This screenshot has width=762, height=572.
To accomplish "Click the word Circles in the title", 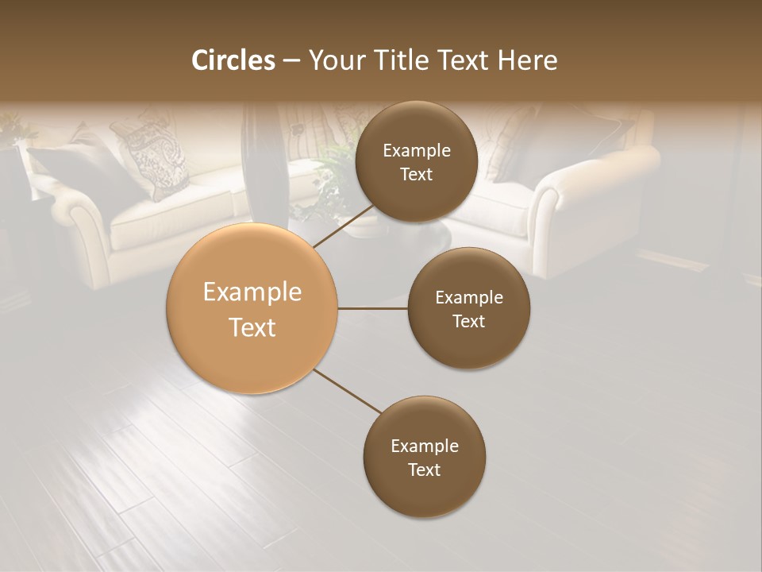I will point(233,60).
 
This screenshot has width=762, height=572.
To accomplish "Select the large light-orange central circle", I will point(252,308).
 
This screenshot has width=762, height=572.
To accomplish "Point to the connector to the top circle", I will point(343,226).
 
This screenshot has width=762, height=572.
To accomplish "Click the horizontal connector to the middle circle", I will point(373,308).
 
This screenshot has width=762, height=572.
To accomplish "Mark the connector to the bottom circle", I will point(347,391).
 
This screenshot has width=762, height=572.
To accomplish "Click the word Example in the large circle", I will point(252,292).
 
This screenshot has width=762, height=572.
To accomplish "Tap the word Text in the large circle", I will point(252,327).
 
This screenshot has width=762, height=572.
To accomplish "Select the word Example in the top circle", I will point(417,151).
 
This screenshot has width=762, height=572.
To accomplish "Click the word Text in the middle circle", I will point(468,321).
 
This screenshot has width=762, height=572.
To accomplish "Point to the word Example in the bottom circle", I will point(425,446).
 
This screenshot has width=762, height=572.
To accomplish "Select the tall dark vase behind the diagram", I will point(263,159).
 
